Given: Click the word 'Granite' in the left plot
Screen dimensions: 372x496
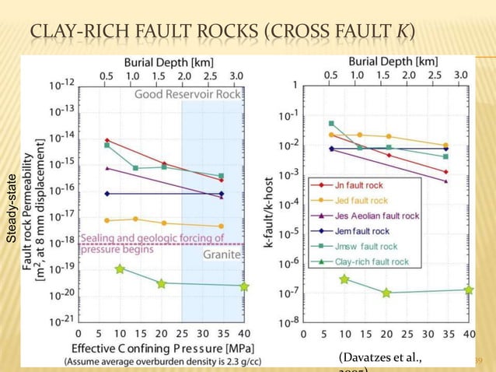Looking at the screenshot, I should (x=222, y=254).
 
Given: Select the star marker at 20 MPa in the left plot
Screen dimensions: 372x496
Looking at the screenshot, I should (x=161, y=284).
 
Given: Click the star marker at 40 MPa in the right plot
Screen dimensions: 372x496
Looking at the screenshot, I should (x=469, y=290).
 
